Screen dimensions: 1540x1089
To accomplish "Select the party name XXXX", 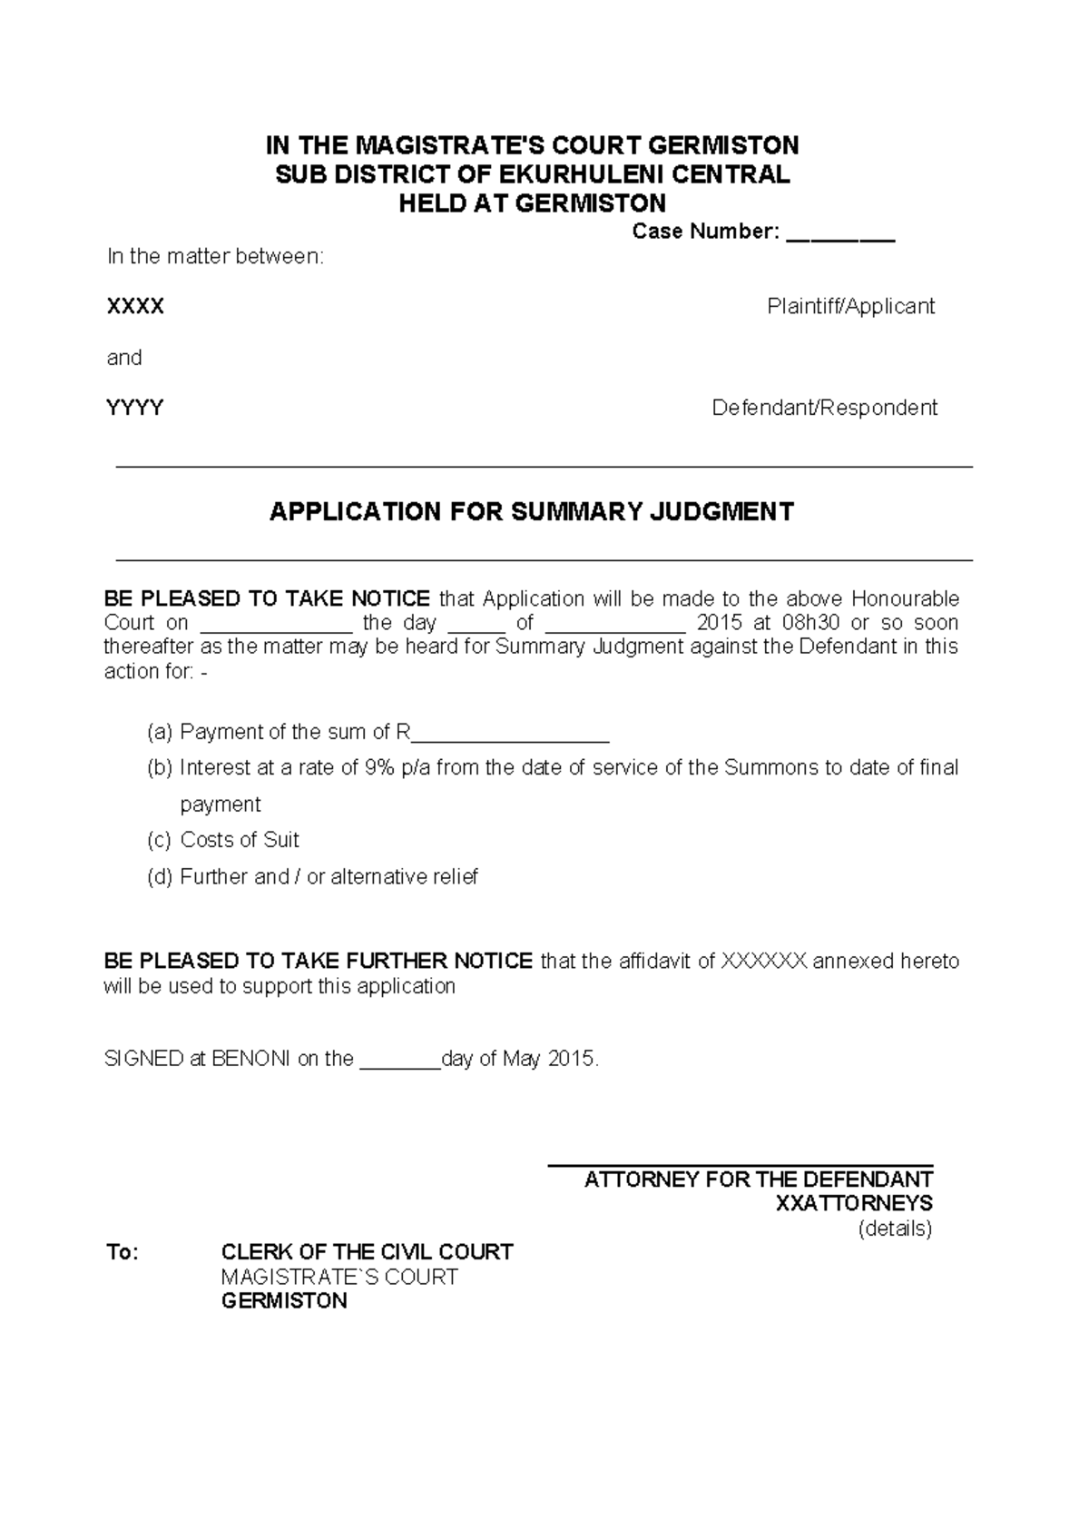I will (x=135, y=307).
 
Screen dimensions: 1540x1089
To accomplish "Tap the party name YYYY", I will (x=135, y=408).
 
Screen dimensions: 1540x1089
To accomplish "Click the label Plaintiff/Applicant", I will (x=850, y=307).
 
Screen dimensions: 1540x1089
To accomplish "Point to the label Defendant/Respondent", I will (x=824, y=408).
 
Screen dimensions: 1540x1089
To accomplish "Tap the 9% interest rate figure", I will (x=379, y=768).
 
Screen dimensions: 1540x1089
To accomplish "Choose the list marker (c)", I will (x=159, y=840).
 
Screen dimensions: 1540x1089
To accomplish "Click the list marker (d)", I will (x=159, y=877).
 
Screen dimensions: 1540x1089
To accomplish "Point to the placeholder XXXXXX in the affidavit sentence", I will (x=763, y=962).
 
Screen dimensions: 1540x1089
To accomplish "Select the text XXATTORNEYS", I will (x=854, y=1204).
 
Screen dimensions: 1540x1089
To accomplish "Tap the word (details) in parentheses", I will (x=895, y=1229).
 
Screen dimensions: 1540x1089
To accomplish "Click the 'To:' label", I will (x=123, y=1253).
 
